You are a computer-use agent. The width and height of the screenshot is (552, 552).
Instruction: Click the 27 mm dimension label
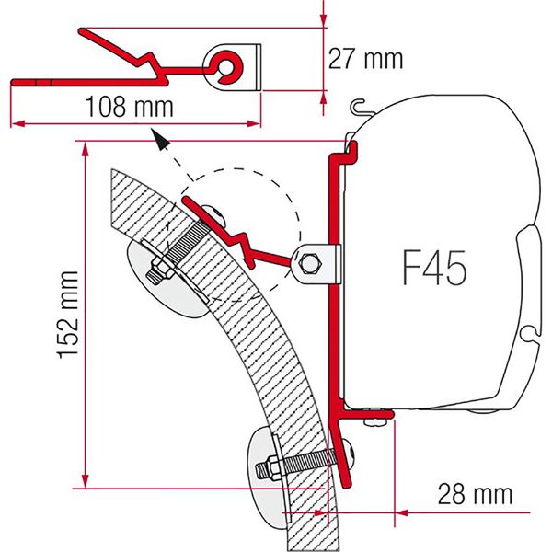coord(365,58)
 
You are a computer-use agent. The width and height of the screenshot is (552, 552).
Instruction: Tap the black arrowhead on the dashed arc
coord(160,141)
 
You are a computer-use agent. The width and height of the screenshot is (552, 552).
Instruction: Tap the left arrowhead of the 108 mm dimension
coord(15,122)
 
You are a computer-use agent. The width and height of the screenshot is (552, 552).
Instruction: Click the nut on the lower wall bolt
coord(273,467)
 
